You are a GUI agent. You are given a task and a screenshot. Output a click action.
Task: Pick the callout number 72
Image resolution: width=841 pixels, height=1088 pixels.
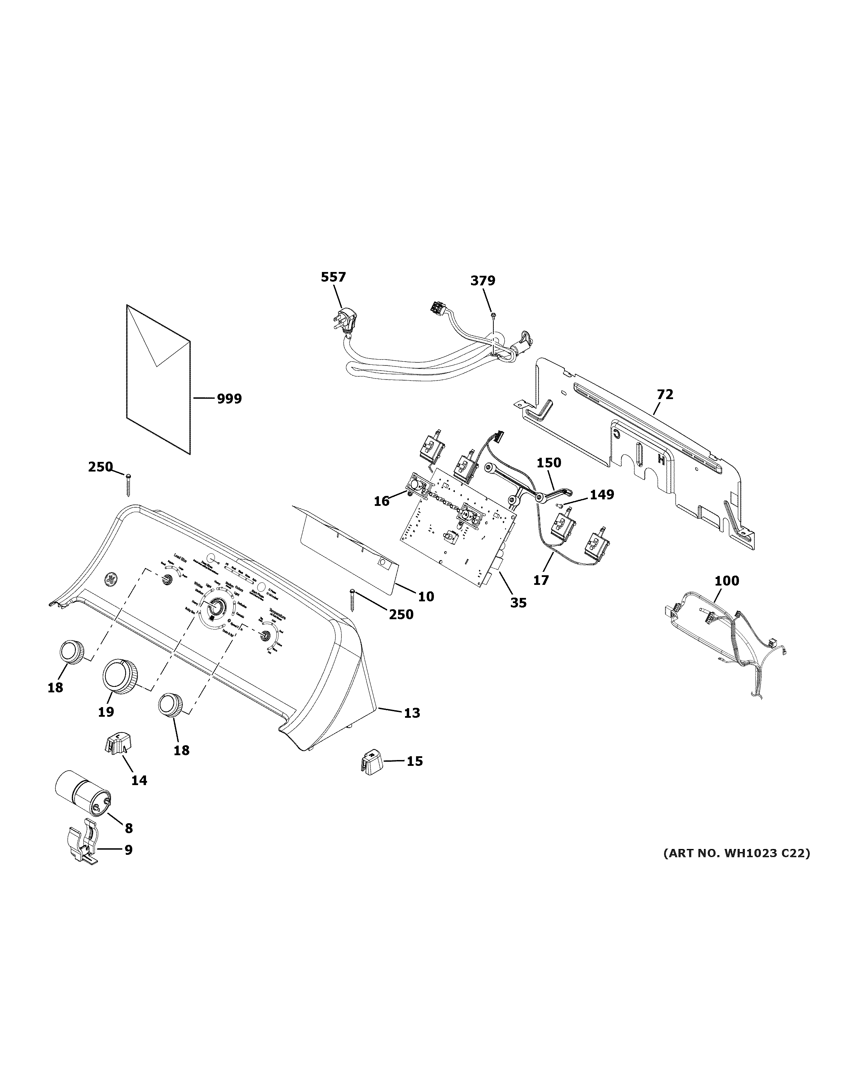pos(665,395)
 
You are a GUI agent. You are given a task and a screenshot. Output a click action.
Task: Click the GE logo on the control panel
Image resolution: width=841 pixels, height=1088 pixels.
pos(109,579)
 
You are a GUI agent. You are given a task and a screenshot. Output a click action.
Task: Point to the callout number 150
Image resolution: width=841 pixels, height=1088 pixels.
pos(549,463)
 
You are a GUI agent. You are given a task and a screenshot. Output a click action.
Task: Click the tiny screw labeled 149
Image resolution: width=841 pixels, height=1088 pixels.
pos(560,506)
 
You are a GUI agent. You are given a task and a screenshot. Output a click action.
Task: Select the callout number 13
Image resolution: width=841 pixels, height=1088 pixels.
pos(412,713)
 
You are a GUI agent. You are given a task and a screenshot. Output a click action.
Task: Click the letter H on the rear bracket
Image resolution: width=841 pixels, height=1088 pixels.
pos(661,460)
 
